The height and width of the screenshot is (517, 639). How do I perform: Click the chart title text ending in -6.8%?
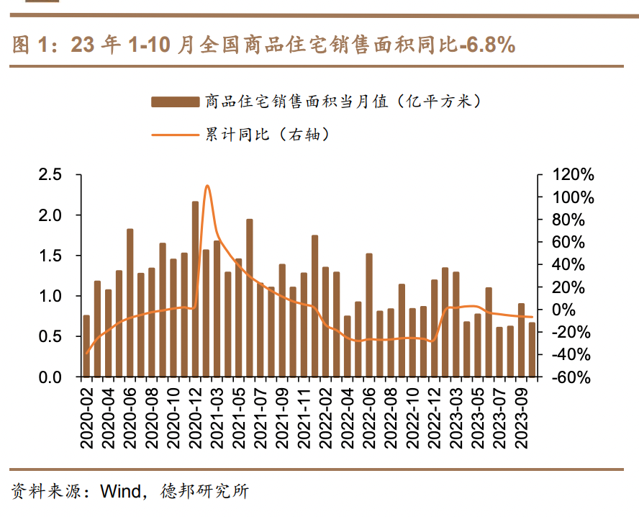click(263, 45)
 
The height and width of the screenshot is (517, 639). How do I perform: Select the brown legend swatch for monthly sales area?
click(174, 102)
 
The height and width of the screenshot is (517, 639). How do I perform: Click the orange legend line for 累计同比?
click(174, 134)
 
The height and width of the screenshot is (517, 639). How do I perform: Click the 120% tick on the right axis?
click(573, 175)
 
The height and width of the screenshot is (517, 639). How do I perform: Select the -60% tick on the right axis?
click(573, 377)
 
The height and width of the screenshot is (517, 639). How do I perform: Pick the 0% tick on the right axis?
click(573, 310)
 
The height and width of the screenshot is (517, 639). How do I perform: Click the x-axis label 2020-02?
click(87, 418)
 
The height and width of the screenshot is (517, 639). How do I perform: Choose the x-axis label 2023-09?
click(521, 418)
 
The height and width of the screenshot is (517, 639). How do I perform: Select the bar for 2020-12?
click(195, 288)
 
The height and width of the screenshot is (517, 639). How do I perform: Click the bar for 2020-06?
click(130, 302)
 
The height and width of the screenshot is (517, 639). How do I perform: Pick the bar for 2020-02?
click(86, 346)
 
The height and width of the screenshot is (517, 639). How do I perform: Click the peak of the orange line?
click(207, 186)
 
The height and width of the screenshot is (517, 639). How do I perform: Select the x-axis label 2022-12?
click(435, 418)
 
